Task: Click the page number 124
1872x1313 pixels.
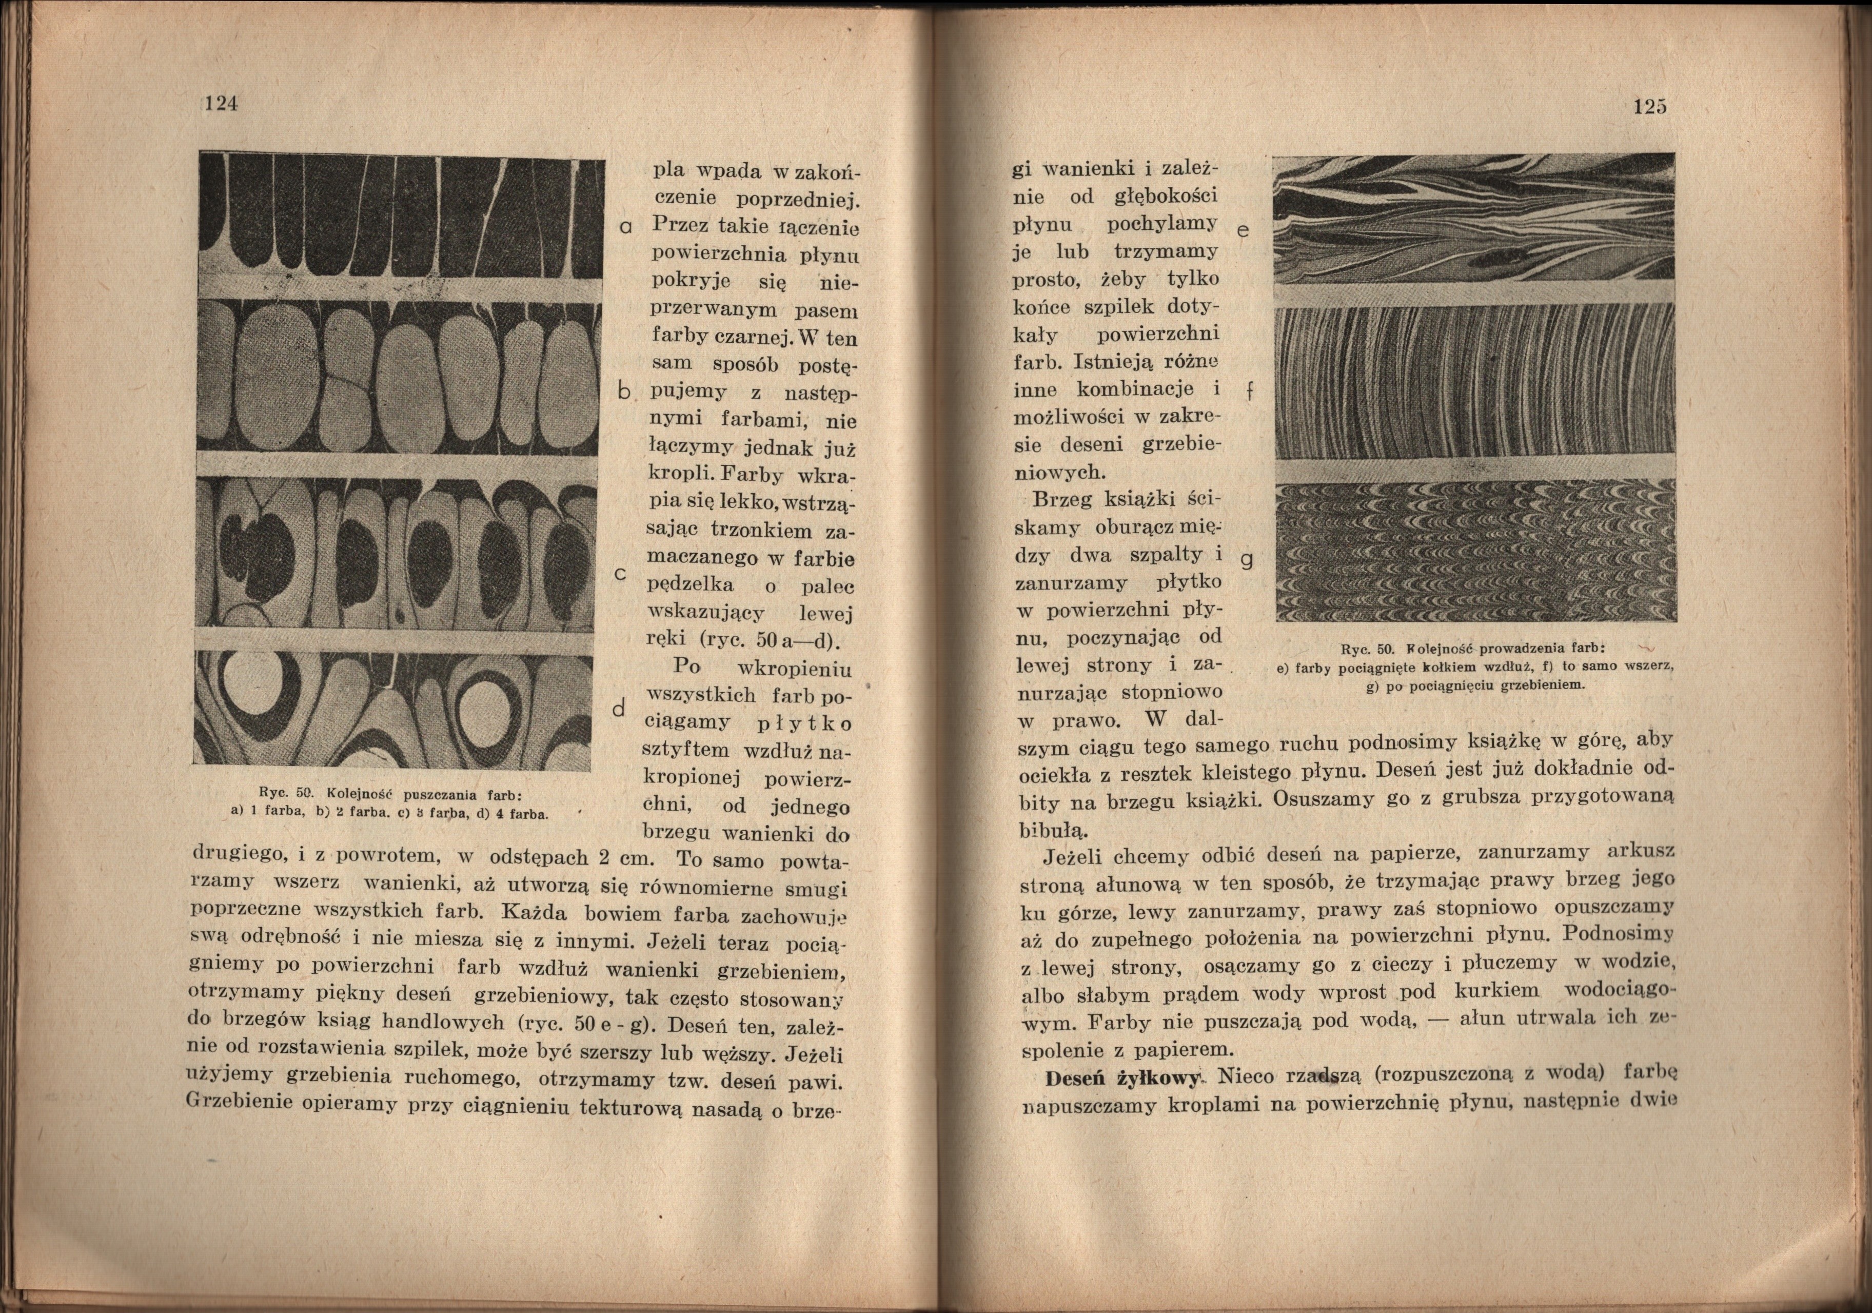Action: pos(220,104)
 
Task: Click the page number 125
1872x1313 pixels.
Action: pos(1649,106)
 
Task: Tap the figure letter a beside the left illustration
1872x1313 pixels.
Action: pos(624,227)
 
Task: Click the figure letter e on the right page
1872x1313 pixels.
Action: pos(1243,231)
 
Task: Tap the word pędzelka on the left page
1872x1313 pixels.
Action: pos(690,585)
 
